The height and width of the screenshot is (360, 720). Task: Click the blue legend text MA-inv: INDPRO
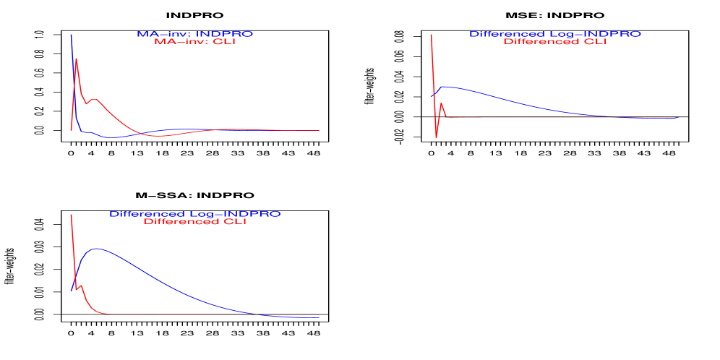pos(194,34)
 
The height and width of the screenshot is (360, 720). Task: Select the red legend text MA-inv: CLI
pos(194,42)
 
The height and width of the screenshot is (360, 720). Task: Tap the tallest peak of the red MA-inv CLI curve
pos(76,59)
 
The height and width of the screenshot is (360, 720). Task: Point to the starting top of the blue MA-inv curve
pos(71,35)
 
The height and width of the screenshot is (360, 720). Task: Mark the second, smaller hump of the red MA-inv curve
pos(95,100)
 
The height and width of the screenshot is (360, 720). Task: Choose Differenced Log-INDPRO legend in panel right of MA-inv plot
pos(554,34)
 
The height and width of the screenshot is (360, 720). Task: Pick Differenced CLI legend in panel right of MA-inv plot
pos(554,42)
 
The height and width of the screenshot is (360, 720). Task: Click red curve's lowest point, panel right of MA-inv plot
pos(436,137)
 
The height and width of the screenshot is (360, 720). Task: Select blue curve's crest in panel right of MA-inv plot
pos(446,87)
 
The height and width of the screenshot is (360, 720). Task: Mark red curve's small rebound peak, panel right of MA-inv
pos(441,103)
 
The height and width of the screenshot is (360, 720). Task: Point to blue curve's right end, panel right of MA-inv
pos(678,117)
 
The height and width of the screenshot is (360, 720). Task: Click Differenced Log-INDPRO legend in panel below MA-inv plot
pos(194,214)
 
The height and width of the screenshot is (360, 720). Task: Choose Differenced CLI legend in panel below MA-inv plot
pos(194,222)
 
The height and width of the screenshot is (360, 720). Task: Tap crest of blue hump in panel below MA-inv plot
pos(96,249)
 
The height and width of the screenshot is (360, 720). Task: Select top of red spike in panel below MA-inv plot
pos(71,215)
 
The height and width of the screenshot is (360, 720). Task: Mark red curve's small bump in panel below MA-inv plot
pos(82,286)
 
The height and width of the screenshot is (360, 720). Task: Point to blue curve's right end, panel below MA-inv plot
pos(318,317)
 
